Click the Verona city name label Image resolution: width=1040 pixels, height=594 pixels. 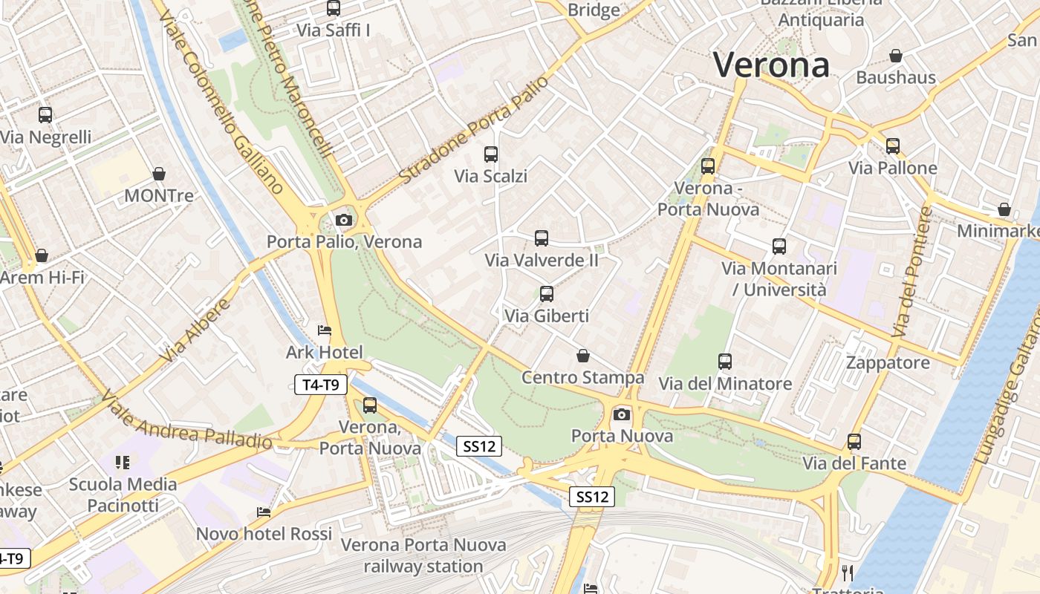pyautogui.click(x=771, y=65)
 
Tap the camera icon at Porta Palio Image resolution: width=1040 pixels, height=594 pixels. pyautogui.click(x=343, y=220)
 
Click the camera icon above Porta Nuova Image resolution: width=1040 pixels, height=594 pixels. pyautogui.click(x=622, y=414)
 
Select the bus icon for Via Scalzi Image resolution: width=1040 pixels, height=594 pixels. pyautogui.click(x=491, y=154)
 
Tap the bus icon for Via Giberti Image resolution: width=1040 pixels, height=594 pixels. pyautogui.click(x=547, y=294)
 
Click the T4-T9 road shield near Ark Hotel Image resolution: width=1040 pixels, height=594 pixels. pyautogui.click(x=321, y=385)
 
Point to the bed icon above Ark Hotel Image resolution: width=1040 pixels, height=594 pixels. pyautogui.click(x=325, y=330)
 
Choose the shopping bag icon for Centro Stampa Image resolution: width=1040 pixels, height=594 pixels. pyautogui.click(x=583, y=356)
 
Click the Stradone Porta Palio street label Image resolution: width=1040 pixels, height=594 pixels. pyautogui.click(x=474, y=131)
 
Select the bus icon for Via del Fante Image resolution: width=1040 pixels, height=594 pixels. pyautogui.click(x=854, y=442)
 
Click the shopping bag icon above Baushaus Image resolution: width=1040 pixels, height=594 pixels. pyautogui.click(x=896, y=56)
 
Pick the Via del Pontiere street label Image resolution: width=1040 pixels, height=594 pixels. pyautogui.click(x=912, y=272)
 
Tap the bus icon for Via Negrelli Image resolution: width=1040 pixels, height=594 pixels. pyautogui.click(x=45, y=115)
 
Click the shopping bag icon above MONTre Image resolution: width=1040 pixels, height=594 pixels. pyautogui.click(x=158, y=174)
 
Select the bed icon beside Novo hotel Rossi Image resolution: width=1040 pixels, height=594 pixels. pyautogui.click(x=263, y=512)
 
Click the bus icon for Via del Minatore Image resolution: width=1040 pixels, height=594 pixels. pyautogui.click(x=725, y=362)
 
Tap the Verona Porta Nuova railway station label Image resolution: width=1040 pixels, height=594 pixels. pyautogui.click(x=423, y=555)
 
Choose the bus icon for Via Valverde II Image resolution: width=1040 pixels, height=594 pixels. pyautogui.click(x=542, y=238)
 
